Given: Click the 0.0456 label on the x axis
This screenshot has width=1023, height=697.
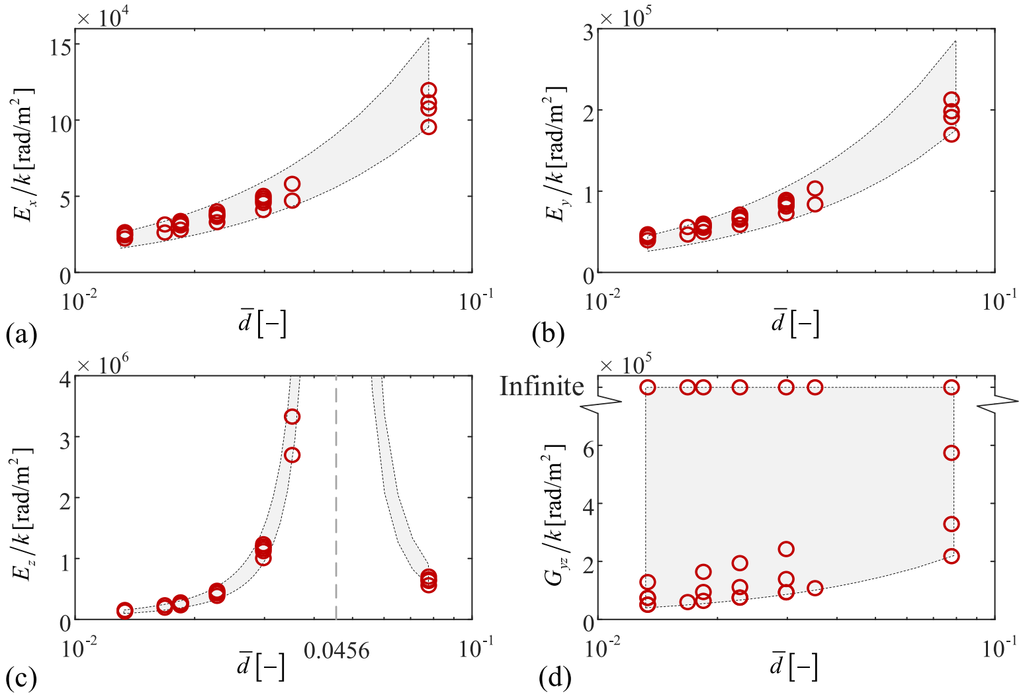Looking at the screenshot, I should coord(337,651).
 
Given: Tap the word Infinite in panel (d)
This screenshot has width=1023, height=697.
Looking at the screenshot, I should coord(542,387).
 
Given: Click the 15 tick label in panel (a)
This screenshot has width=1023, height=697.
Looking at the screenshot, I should coord(61,45).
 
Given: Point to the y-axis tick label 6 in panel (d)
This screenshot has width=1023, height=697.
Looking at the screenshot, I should coord(588,445).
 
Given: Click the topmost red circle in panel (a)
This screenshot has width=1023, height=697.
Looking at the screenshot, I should coord(429,90).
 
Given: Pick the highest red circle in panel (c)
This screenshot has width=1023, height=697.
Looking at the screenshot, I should coord(292,416).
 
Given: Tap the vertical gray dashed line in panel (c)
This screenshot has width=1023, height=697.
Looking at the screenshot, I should coord(337,496).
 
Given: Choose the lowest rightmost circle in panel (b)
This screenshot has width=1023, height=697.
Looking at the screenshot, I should coord(952,134).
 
